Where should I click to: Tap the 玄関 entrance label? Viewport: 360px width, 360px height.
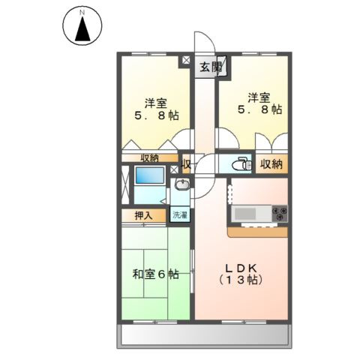click(210, 67)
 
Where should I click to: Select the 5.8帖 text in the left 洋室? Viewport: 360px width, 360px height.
click(157, 116)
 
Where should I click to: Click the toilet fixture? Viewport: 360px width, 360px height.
click(238, 164)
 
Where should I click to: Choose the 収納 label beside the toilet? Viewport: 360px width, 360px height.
click(271, 164)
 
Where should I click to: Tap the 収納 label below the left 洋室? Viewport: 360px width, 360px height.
click(149, 157)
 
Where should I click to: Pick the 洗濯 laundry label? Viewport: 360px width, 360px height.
click(180, 215)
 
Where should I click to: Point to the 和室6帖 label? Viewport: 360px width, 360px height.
click(156, 274)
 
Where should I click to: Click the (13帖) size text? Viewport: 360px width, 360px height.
click(241, 280)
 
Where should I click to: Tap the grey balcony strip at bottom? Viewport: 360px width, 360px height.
click(203, 335)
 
